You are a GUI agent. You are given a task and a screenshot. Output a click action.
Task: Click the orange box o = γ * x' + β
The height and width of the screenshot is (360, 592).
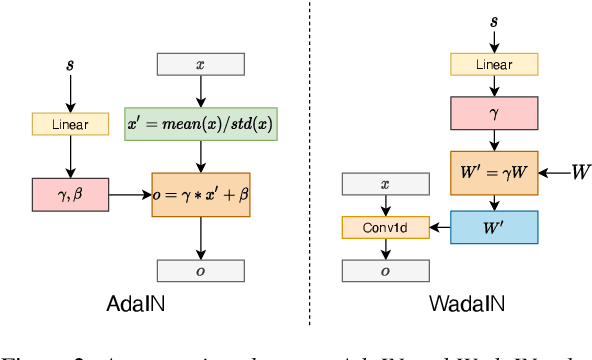[200, 193]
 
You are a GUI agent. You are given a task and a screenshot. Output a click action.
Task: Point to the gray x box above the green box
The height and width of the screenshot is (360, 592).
[200, 64]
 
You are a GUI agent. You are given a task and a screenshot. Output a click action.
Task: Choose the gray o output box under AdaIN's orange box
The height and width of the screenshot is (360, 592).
[200, 271]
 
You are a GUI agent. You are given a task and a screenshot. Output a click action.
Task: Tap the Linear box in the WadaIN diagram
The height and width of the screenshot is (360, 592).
[493, 64]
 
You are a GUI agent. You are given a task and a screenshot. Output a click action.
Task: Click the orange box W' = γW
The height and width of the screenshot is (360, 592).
[493, 173]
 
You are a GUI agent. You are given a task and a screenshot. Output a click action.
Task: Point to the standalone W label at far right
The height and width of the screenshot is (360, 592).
[579, 173]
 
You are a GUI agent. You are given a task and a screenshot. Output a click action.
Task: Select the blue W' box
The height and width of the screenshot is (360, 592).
[493, 227]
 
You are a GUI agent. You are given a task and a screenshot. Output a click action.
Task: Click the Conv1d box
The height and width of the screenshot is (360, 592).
[385, 227]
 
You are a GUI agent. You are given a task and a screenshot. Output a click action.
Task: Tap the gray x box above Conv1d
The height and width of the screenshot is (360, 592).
[385, 184]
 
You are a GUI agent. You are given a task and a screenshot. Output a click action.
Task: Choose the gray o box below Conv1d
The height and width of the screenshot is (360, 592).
[385, 271]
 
